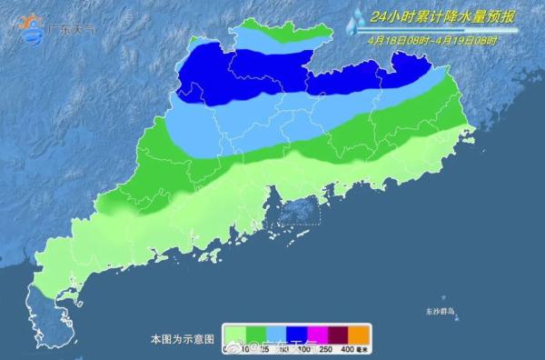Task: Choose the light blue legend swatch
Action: click(x=270, y=333)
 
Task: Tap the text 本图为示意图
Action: click(x=182, y=339)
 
